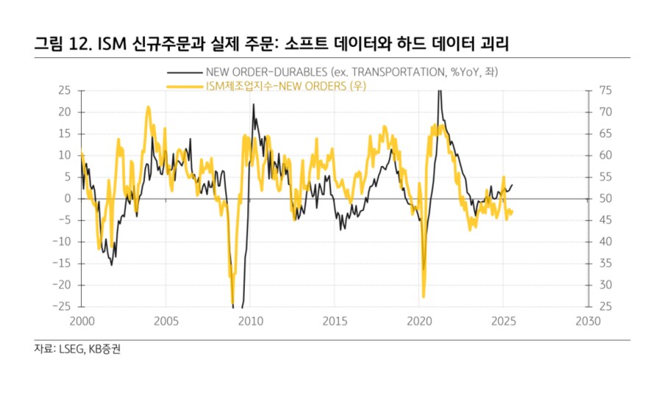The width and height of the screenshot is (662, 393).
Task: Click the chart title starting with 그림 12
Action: click(272, 43)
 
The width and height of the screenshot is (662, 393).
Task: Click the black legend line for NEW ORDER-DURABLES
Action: click(184, 72)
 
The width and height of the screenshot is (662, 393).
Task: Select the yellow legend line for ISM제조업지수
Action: click(184, 86)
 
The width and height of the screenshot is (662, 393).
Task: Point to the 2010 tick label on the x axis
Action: click(249, 322)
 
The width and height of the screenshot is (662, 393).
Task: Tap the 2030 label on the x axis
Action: click(588, 322)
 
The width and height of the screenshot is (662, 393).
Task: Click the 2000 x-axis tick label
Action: click(81, 322)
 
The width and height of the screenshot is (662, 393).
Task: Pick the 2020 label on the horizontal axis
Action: click(419, 322)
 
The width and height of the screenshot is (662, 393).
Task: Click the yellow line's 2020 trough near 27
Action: click(424, 296)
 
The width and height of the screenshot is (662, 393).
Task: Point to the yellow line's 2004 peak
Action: click(149, 107)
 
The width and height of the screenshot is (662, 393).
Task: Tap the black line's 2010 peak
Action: click(254, 104)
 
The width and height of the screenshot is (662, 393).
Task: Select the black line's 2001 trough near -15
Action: click(112, 264)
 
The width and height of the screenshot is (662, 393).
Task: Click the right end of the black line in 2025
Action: click(513, 185)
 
